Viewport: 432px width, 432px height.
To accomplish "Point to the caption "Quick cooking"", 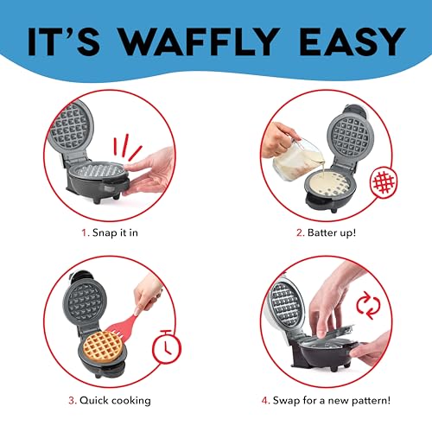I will coord(115,399).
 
